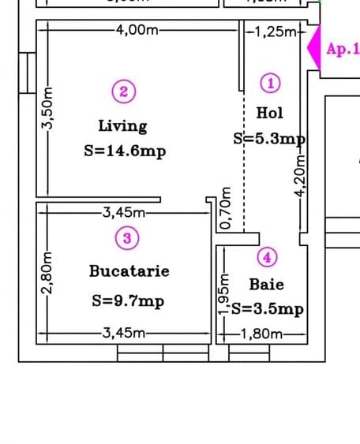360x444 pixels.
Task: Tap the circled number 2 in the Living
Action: pos(123,92)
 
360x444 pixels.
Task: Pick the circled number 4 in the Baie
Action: pos(268,257)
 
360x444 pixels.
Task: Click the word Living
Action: pos(122,125)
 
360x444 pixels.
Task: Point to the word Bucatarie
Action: pos(129,271)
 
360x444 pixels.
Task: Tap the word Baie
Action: pos(266,284)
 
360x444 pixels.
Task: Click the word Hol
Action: pos(269,114)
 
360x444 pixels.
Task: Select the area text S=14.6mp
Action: pos(124,151)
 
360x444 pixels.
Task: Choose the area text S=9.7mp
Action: pos(128,300)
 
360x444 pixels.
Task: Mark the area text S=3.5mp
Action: pos(268,309)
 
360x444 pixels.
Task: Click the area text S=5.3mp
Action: pos(269,139)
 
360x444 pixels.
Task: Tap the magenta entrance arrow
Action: pos(313,50)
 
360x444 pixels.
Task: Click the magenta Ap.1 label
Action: pos(343,50)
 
